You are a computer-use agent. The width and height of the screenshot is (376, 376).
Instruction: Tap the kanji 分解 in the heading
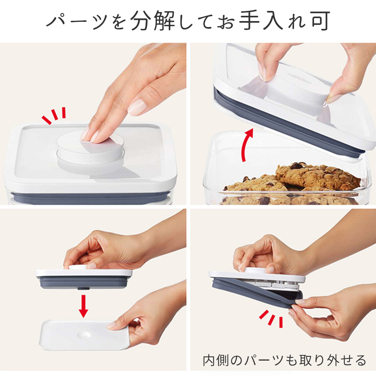(x=152, y=21)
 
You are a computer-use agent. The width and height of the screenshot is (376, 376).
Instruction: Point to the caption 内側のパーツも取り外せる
(x=284, y=360)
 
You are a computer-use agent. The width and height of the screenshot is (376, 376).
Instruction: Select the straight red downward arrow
(x=83, y=307)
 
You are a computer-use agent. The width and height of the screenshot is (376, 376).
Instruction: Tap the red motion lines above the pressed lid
(x=54, y=115)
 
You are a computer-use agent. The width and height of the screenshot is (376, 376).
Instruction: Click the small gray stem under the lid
(x=83, y=289)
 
